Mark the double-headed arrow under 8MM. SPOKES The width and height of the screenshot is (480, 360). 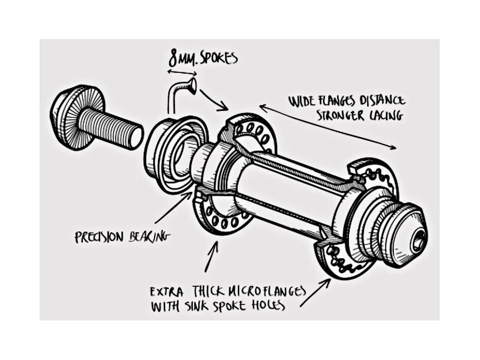[182, 73]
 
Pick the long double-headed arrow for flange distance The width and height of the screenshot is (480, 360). [328, 127]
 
